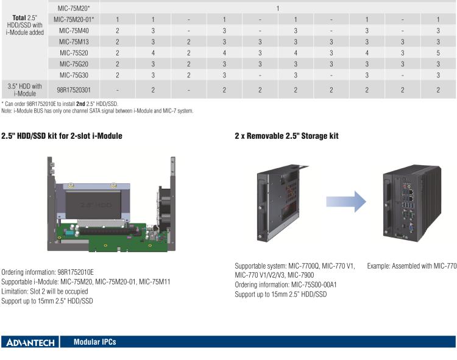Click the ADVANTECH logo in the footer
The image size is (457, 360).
30,342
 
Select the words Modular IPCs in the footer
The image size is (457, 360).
94,342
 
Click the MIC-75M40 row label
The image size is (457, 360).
74,30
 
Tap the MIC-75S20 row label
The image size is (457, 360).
74,52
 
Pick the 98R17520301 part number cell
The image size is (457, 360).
74,90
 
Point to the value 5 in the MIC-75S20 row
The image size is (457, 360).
438,52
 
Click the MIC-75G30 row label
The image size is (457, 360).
74,75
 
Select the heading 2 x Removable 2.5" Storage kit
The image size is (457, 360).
286,136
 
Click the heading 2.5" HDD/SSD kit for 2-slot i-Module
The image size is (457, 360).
62,136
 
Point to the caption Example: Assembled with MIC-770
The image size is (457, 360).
411,266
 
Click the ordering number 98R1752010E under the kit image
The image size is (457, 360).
76,272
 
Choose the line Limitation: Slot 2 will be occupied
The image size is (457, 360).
45,291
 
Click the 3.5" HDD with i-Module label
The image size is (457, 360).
24,90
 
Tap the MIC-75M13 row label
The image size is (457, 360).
74,41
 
